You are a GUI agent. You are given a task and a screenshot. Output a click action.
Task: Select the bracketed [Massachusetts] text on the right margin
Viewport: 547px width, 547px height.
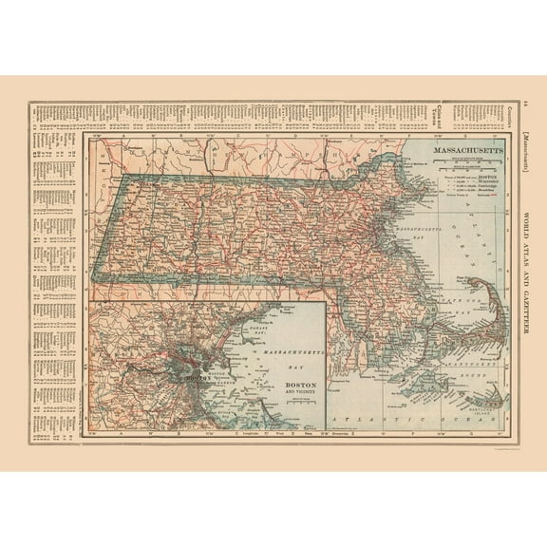point(528,151)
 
